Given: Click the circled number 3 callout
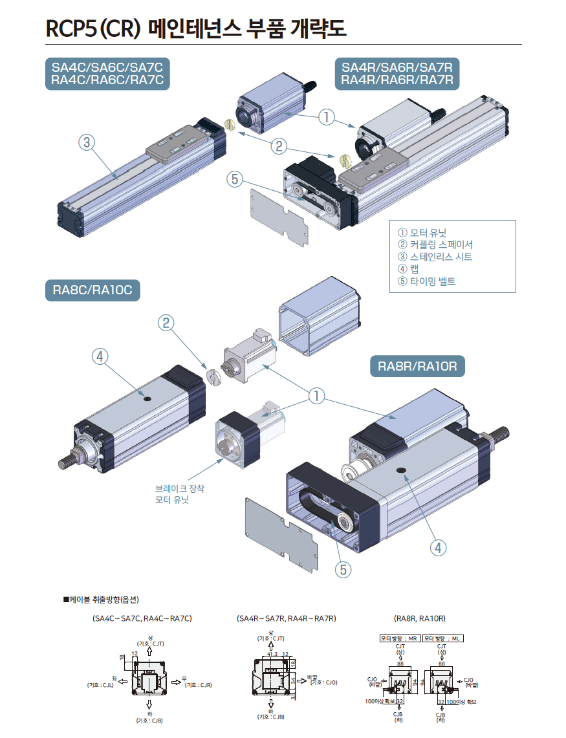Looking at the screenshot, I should coord(87,142).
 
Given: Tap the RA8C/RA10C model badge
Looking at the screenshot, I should coord(93,290).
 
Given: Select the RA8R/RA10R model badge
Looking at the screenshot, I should coord(417,367).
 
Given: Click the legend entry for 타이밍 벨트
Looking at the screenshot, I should coord(427,281).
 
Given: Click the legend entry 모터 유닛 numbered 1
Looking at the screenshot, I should coord(422,232).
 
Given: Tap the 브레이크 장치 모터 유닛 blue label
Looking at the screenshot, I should coord(179,494).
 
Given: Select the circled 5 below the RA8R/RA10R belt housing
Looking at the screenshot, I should coord(344,569).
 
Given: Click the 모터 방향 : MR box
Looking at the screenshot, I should coord(400,638).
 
